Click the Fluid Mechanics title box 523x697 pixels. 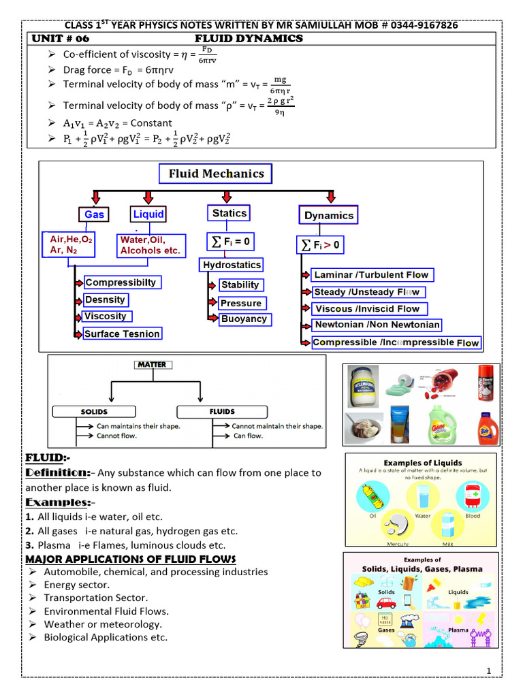pos(215,174)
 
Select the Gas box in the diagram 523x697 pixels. pos(94,214)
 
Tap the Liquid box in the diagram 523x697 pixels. pos(148,214)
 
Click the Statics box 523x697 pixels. pos(229,213)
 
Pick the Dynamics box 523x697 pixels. pos(329,215)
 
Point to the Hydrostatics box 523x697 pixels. pos(232,265)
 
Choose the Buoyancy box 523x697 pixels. pos(244,319)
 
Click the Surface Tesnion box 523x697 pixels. pos(122,334)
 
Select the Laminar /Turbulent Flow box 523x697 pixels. pos(371,275)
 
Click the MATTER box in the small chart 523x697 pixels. pos(152,365)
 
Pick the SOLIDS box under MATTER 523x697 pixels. pos(95,412)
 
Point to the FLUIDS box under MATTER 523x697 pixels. pos(222,412)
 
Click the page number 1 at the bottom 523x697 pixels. pos(489,672)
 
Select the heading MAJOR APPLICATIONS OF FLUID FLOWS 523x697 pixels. pos(130,559)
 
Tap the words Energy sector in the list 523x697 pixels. pos(76,585)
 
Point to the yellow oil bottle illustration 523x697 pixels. pos(373,496)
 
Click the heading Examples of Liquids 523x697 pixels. pos(422,463)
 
